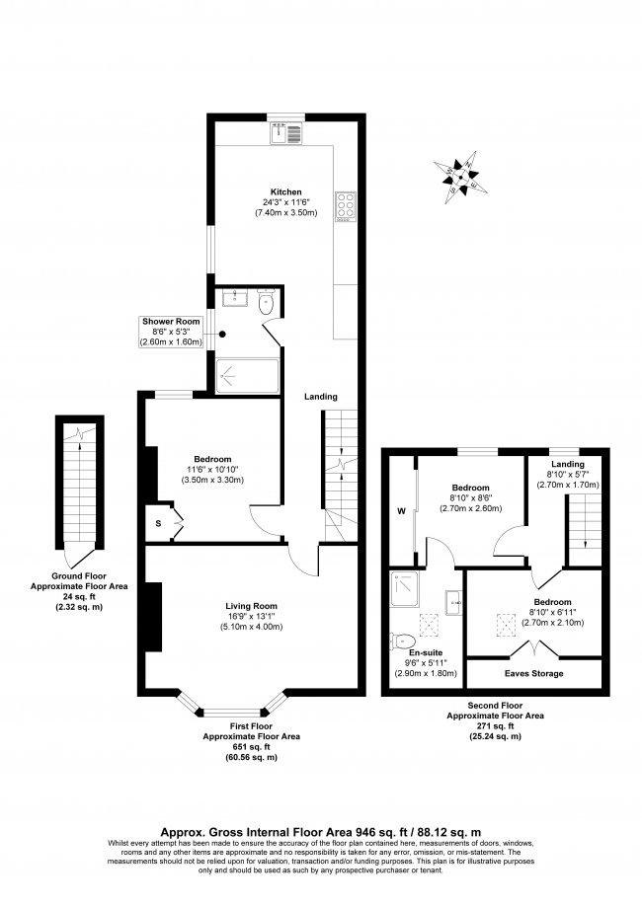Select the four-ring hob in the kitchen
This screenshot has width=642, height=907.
click(x=347, y=205)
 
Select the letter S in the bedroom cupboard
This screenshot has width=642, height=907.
click(x=158, y=522)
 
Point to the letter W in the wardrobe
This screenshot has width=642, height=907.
click(x=401, y=511)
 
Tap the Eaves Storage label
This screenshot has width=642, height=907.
click(x=534, y=673)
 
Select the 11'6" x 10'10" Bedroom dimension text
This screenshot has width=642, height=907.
click(x=212, y=469)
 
